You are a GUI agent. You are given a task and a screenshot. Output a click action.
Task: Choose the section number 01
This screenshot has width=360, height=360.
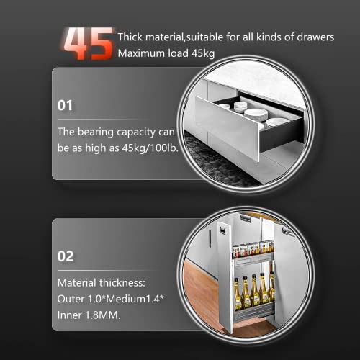66,105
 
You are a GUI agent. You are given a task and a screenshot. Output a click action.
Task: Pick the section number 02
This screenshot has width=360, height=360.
66,255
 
